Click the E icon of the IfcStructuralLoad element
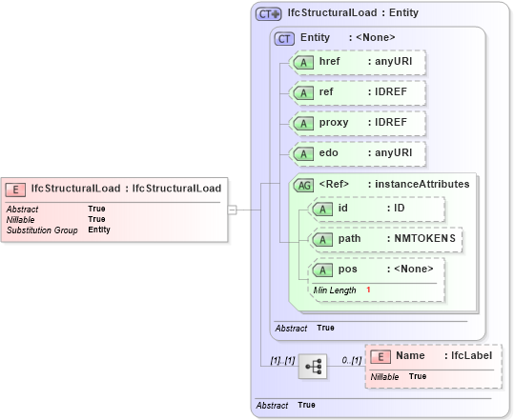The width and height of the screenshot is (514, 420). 16,189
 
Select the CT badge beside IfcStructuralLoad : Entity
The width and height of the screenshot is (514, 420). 268,14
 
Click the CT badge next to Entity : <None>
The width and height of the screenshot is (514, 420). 284,38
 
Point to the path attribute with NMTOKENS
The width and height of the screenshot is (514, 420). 386,239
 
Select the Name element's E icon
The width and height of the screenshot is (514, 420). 380,356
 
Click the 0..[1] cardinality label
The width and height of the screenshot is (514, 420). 352,361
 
